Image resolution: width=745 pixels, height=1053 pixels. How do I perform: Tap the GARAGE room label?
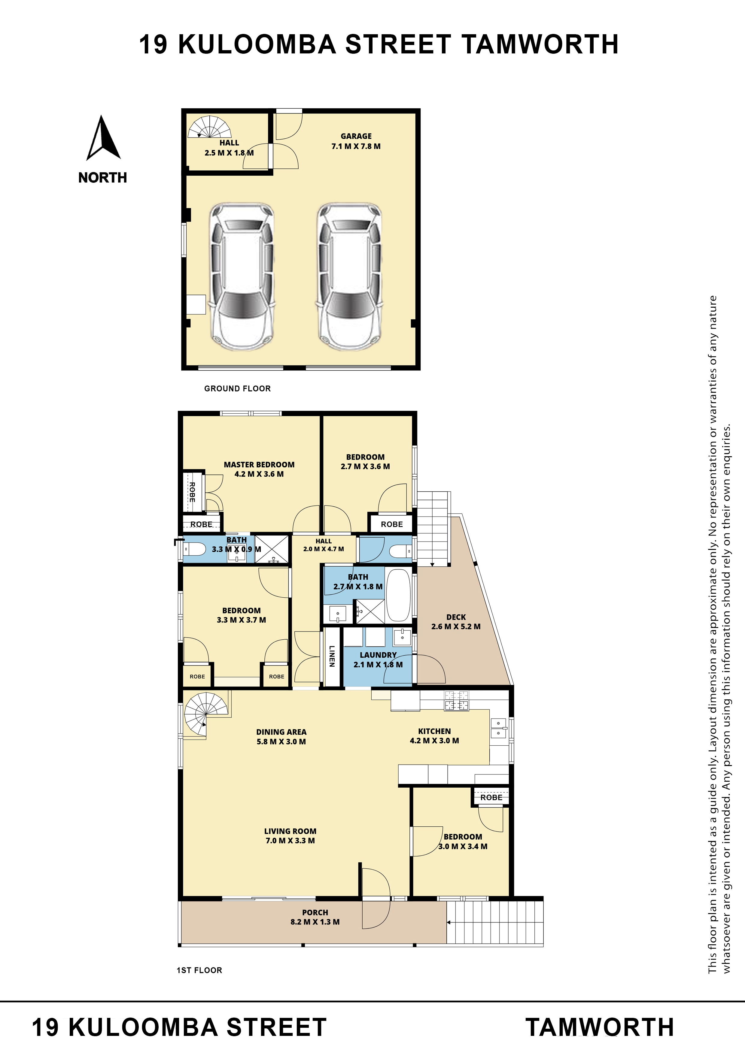click(x=356, y=136)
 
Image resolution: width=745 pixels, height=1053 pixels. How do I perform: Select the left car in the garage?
click(x=242, y=276)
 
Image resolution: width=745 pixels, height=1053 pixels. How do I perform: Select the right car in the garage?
click(x=349, y=276)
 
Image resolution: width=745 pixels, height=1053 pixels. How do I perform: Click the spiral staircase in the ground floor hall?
click(x=210, y=127)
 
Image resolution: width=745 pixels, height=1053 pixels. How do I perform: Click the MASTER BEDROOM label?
click(x=259, y=465)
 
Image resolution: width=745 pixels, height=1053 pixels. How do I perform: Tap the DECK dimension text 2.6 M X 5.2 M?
click(x=456, y=626)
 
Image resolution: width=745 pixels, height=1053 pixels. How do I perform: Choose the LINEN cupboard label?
click(x=332, y=656)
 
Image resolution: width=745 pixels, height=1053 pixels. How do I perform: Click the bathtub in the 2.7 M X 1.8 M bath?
click(x=399, y=595)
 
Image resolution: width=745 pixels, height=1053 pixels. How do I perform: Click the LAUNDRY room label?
click(x=378, y=655)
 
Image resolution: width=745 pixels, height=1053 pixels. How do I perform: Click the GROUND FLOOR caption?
click(x=237, y=388)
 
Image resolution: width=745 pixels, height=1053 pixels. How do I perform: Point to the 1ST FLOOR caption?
click(x=199, y=970)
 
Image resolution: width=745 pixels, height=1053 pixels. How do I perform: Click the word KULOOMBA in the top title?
click(x=257, y=44)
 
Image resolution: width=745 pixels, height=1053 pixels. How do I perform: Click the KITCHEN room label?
click(x=434, y=731)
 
